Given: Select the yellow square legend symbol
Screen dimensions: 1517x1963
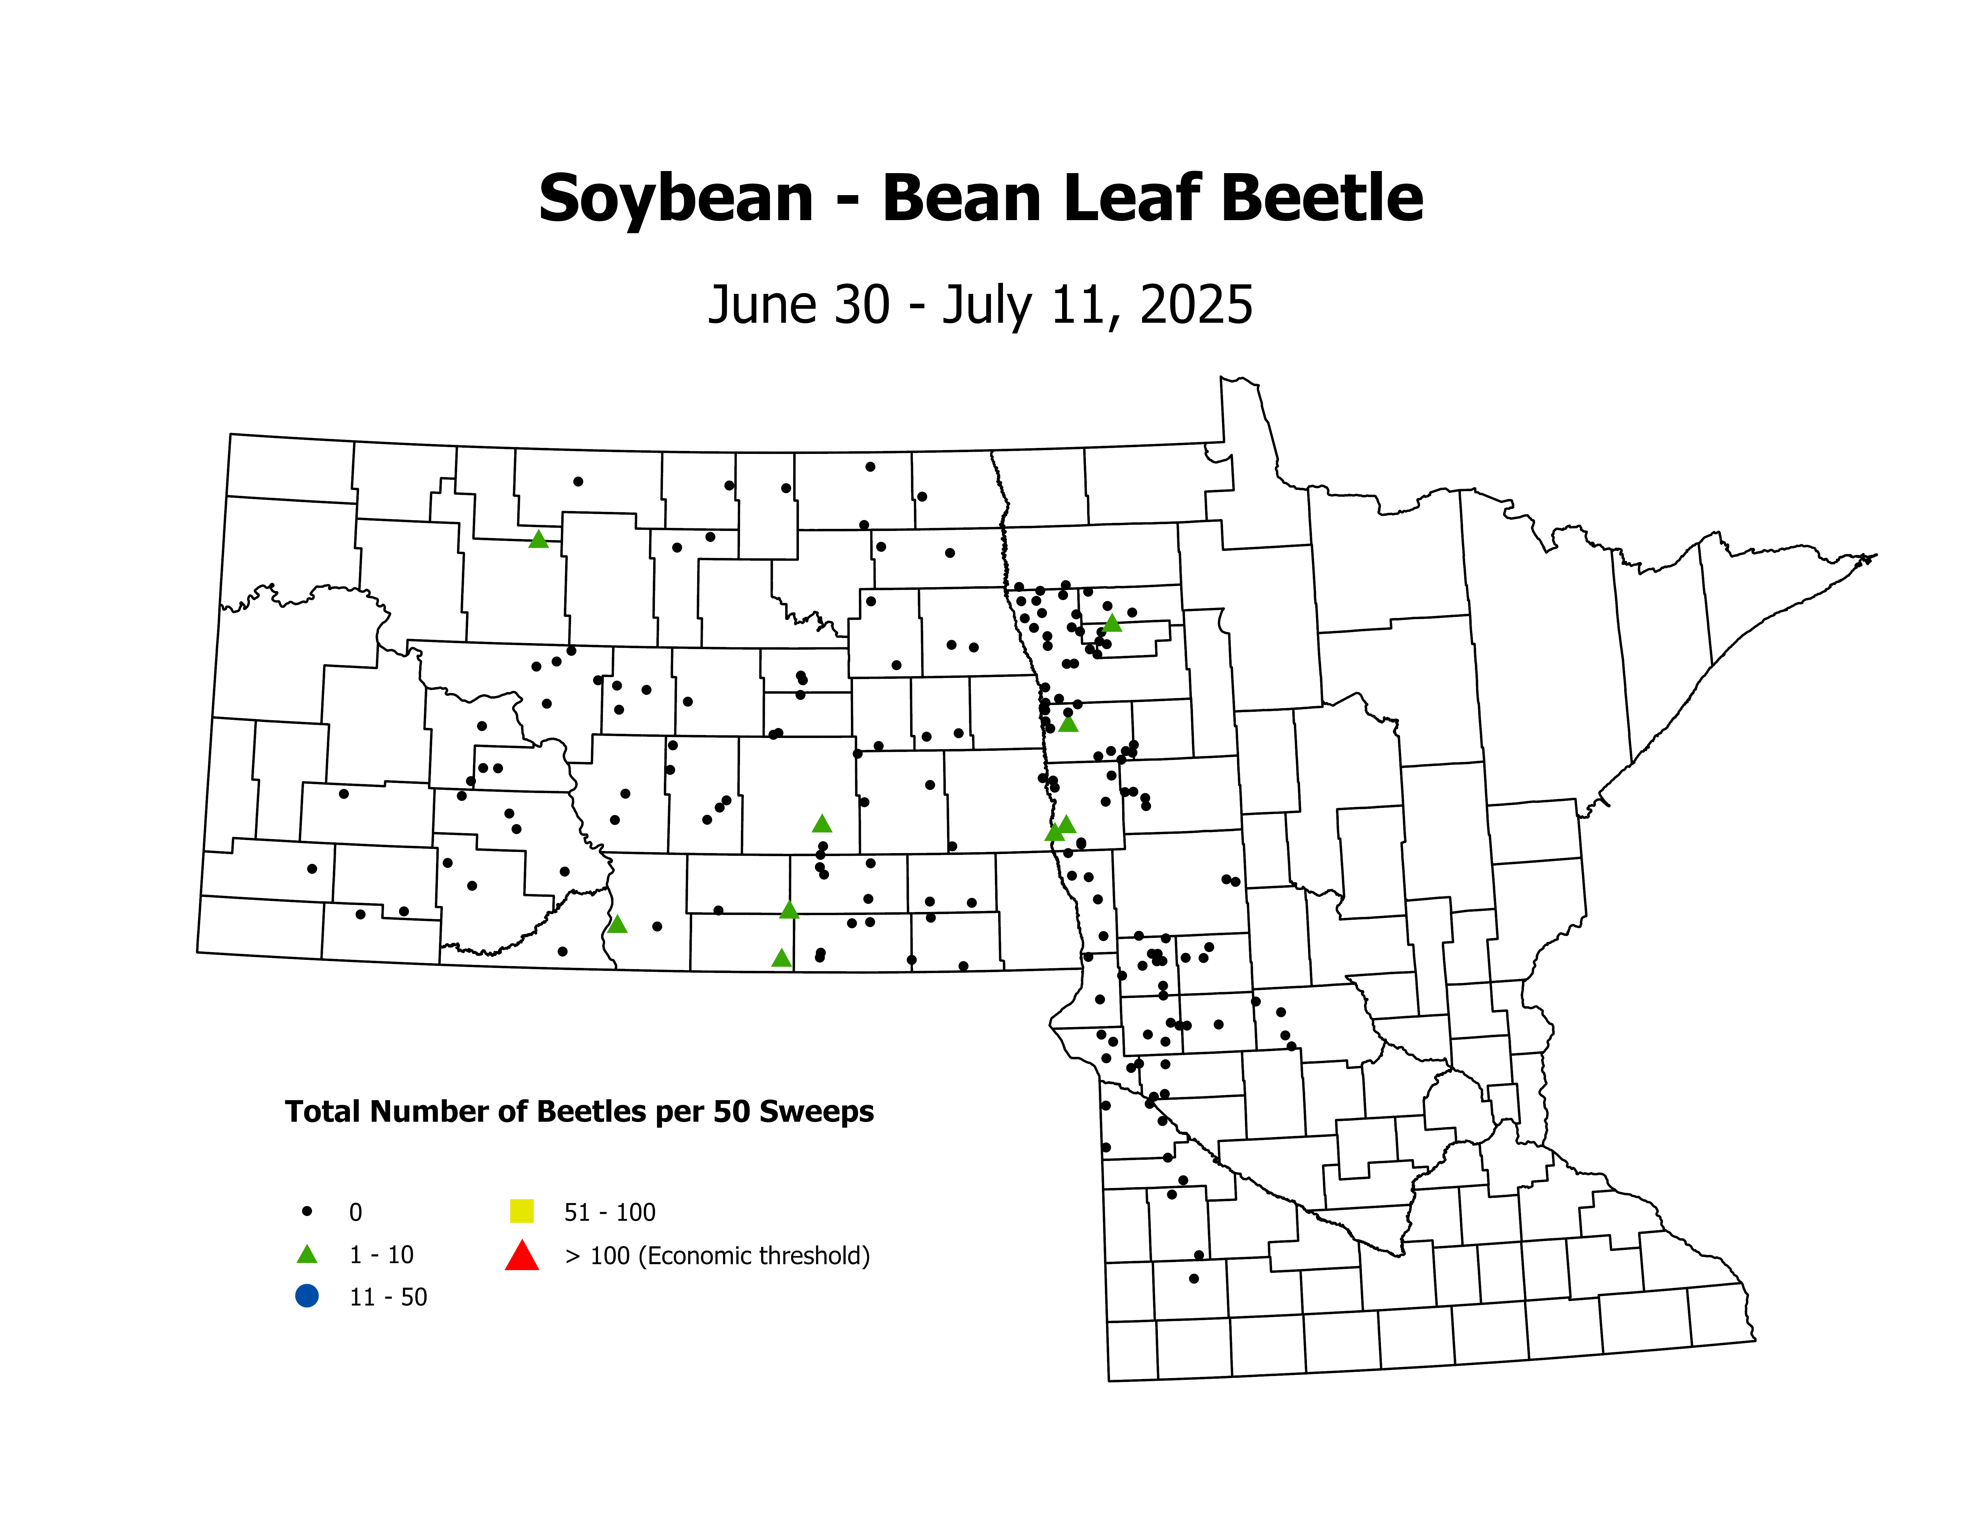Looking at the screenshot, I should coord(521,1212).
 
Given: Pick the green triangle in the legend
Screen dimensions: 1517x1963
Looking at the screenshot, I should coord(306,1255).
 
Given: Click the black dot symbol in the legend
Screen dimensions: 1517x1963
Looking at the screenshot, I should coord(306,1212).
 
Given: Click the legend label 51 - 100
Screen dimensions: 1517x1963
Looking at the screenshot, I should coord(609,1212).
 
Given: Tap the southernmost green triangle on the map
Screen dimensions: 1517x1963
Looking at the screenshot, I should coord(781,958).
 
